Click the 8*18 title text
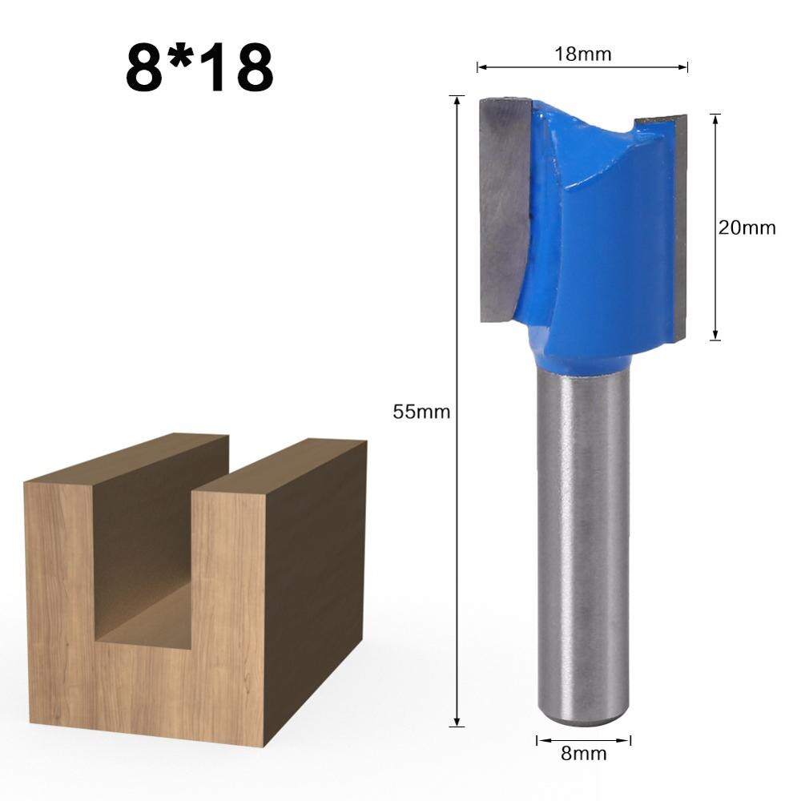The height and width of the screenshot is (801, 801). coord(199,69)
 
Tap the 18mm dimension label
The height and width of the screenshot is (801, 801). coord(582,54)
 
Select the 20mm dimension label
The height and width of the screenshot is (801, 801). coord(747,227)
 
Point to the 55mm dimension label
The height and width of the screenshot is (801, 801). coord(421,412)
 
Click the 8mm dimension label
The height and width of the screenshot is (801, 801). coord(583,754)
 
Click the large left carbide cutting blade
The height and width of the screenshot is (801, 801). coord(505,208)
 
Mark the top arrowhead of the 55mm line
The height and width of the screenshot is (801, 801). coord(457,99)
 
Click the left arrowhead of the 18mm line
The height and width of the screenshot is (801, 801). coord(481,67)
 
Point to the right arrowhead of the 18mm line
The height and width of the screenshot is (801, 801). coord(685,67)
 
